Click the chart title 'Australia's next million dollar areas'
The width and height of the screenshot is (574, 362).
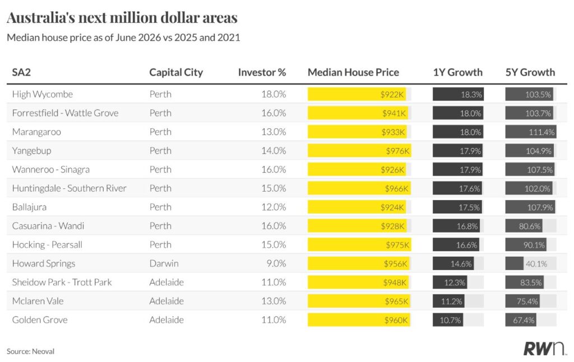pos(122,17)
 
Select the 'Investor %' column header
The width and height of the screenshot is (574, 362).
pos(262,72)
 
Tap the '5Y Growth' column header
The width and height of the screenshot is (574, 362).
pos(530,72)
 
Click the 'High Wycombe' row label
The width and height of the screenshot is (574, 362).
pos(43,94)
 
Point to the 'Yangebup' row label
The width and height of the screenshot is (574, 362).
pos(31,151)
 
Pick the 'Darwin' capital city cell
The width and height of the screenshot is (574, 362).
pos(164,263)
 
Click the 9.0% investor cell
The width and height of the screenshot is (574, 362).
pos(276,263)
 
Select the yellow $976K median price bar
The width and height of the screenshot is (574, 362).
pos(359,151)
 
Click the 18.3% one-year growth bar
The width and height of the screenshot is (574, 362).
pos(458,94)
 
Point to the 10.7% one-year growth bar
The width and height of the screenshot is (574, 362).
pos(448,320)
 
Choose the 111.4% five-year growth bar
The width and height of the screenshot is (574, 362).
pos(531,132)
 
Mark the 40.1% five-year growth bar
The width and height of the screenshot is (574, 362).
pos(515,263)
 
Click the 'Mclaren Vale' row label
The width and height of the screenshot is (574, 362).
pos(38,301)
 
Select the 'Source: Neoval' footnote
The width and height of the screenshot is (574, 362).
pos(30,351)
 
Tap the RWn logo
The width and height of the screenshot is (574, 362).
pos(544,348)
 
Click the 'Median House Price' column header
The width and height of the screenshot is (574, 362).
pos(353,72)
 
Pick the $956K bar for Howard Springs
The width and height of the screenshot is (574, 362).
pos(358,263)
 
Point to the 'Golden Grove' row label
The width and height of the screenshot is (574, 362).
pos(40,320)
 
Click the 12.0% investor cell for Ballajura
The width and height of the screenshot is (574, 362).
pos(274,207)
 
